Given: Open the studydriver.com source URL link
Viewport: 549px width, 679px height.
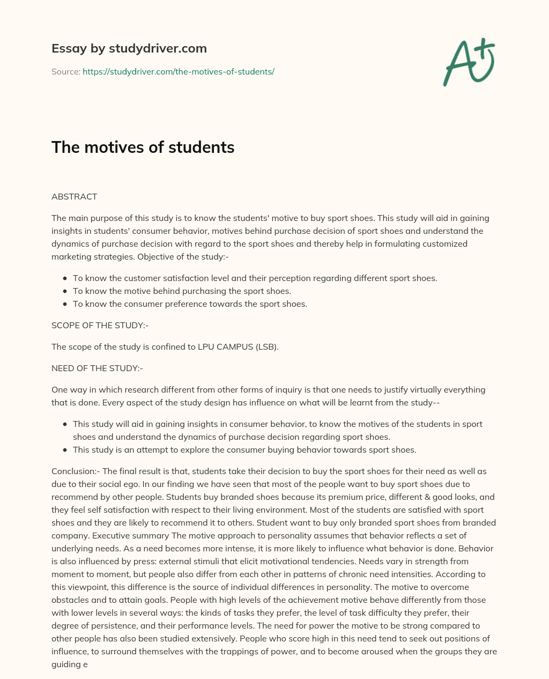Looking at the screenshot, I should click(178, 71).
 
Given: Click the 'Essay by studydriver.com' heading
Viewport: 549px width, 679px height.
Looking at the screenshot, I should click(129, 48).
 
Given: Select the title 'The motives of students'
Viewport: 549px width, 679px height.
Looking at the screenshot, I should click(143, 147).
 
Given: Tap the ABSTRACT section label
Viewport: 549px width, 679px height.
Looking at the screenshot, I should click(74, 196).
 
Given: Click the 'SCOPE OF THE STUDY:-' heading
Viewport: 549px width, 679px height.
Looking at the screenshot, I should click(100, 325).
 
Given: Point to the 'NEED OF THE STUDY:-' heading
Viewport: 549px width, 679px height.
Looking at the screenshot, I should click(97, 368).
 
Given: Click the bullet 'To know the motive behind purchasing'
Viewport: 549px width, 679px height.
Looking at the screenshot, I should click(182, 291).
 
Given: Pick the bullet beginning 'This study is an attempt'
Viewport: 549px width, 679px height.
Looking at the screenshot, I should click(244, 449).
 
